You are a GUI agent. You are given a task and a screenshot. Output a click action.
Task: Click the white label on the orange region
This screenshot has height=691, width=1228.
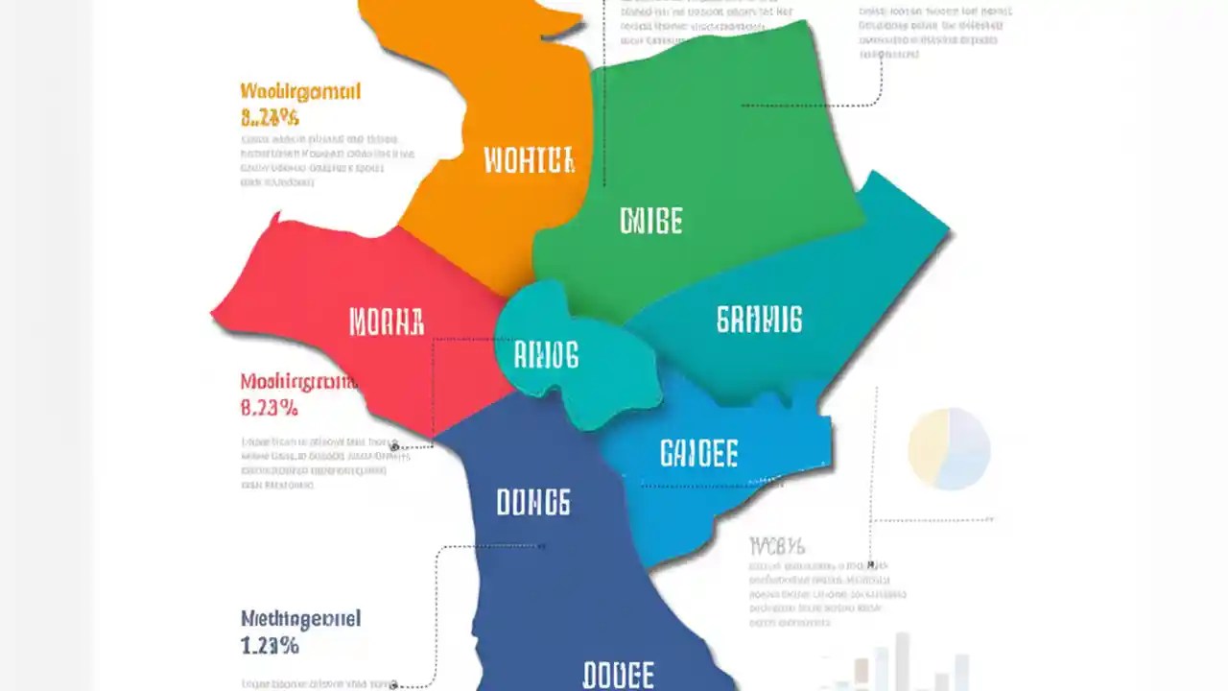coord(529,160)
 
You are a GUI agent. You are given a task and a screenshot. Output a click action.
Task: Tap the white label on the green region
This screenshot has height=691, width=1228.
coord(650,222)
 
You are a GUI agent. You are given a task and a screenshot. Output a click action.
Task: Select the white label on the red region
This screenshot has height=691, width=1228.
coord(386,322)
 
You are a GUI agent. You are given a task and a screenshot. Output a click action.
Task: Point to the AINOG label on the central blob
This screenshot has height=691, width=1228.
coord(546,356)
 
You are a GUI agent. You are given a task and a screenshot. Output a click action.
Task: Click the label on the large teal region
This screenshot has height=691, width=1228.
coord(759,320)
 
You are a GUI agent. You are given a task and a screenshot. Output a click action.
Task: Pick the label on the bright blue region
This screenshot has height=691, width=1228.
coord(698,453)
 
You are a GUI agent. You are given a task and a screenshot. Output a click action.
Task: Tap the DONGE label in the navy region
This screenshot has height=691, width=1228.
coord(532,502)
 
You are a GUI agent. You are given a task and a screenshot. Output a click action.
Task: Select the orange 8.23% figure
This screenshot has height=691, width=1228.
coord(270,118)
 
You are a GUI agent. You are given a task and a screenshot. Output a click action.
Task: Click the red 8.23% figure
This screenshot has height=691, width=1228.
coord(269,408)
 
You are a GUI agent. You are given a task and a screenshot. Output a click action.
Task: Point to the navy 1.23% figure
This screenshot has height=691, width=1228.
coord(270,646)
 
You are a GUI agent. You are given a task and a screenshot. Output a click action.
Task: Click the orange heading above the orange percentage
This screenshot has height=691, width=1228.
coord(299,92)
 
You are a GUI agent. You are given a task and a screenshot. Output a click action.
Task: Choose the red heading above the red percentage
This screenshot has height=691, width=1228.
coord(298,382)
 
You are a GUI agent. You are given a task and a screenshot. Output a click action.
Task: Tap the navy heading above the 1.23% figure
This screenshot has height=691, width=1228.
coord(300,619)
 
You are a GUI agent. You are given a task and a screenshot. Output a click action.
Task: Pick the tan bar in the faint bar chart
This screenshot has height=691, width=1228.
coord(860,672)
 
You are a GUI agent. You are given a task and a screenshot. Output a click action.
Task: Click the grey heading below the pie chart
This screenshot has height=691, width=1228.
coord(776,547)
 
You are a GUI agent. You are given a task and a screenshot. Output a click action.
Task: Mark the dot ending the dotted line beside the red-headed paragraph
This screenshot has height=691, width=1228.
coord(394,447)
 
